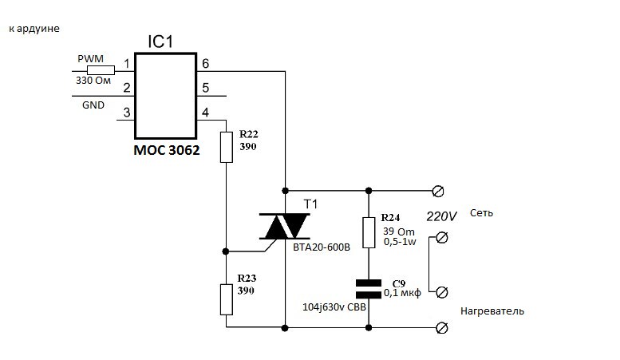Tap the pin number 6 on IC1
pyautogui.click(x=206, y=63)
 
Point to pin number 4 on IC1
pyautogui.click(x=206, y=113)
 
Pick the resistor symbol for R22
pyautogui.click(x=226, y=146)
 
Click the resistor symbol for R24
pyautogui.click(x=368, y=231)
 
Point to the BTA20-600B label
pyautogui.click(x=321, y=248)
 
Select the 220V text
pyautogui.click(x=442, y=216)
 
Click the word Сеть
pyautogui.click(x=482, y=214)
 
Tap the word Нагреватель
pyautogui.click(x=492, y=311)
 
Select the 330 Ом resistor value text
pyautogui.click(x=93, y=81)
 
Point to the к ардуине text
pyautogui.click(x=34, y=29)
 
